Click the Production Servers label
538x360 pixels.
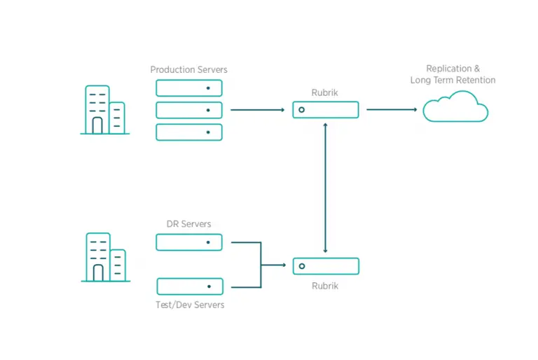[x=188, y=69]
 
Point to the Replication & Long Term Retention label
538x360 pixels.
[x=453, y=74]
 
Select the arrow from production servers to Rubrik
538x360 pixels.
[x=258, y=110]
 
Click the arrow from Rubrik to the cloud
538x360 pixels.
[x=392, y=109]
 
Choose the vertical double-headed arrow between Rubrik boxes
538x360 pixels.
[x=325, y=188]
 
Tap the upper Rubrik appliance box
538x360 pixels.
[x=326, y=102]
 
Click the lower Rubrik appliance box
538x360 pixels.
[x=326, y=258]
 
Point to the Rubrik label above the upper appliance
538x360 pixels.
[x=324, y=92]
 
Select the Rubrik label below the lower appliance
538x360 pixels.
[x=325, y=286]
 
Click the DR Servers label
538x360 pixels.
[x=188, y=224]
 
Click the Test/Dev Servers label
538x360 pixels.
[x=190, y=305]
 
